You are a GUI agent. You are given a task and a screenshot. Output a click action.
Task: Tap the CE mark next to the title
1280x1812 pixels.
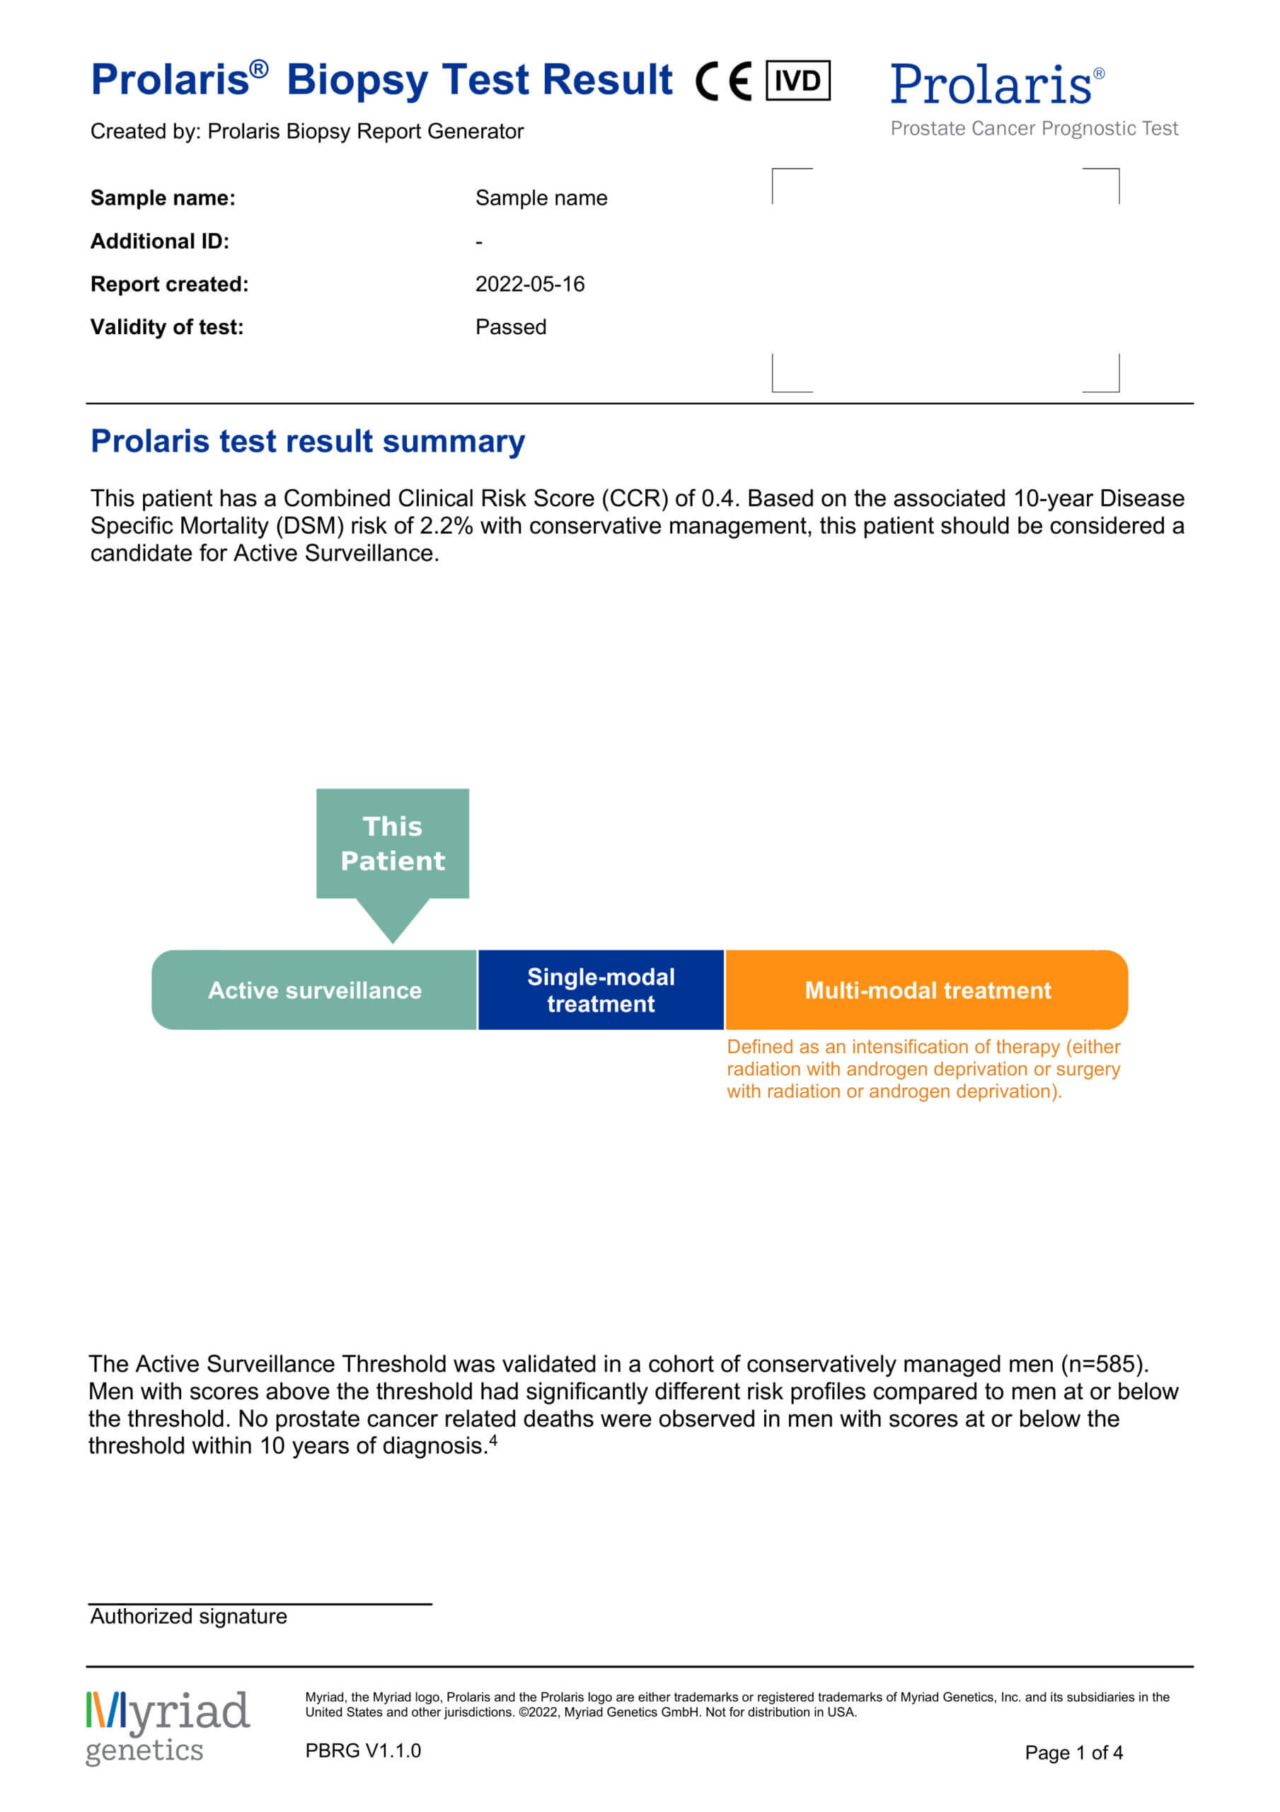point(723,81)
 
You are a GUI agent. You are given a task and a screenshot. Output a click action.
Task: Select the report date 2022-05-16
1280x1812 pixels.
point(529,284)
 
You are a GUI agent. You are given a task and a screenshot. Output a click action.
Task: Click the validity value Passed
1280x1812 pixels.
point(511,327)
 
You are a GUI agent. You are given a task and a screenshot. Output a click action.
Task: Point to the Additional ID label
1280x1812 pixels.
point(159,241)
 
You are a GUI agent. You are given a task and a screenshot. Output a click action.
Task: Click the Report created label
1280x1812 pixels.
point(169,284)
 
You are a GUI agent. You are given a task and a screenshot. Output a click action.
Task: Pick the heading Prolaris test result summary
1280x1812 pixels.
point(308,441)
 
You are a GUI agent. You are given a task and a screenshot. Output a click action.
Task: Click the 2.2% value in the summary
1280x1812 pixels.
point(445,526)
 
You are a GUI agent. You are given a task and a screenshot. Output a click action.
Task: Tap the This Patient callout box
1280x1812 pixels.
point(392,843)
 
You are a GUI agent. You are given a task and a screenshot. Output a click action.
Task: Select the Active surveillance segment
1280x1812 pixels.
point(314,990)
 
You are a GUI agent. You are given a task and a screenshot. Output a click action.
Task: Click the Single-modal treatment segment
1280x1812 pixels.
point(601,990)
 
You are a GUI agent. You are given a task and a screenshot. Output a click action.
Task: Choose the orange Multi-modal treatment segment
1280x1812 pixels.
point(926,990)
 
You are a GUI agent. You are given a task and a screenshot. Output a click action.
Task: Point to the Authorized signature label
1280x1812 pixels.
point(189,1616)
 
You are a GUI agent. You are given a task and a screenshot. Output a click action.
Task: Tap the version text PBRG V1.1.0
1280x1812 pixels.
point(363,1750)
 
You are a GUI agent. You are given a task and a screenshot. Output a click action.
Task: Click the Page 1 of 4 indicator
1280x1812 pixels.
point(1073,1753)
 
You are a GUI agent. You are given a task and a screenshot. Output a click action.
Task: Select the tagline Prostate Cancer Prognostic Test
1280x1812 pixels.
point(1034,129)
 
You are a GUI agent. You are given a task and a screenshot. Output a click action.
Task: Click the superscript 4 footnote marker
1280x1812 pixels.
point(493,1440)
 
